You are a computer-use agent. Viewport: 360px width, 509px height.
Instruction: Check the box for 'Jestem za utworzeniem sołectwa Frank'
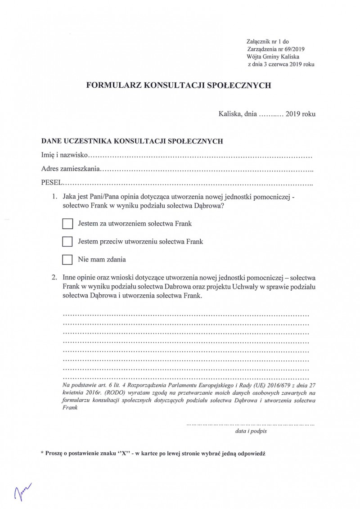(67, 224)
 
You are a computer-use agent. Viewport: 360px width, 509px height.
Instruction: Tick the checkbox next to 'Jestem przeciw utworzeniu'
(67, 242)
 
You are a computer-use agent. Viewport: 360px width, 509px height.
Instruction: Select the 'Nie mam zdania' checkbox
(67, 260)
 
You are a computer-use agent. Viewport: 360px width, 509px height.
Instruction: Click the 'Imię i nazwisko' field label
(63, 156)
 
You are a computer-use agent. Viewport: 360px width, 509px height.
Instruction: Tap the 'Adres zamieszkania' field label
(69, 170)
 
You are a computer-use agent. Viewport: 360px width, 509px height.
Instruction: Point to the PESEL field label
(50, 183)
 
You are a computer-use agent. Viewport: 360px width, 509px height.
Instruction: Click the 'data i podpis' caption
(251, 431)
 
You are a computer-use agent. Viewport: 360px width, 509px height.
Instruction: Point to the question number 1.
(55, 197)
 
